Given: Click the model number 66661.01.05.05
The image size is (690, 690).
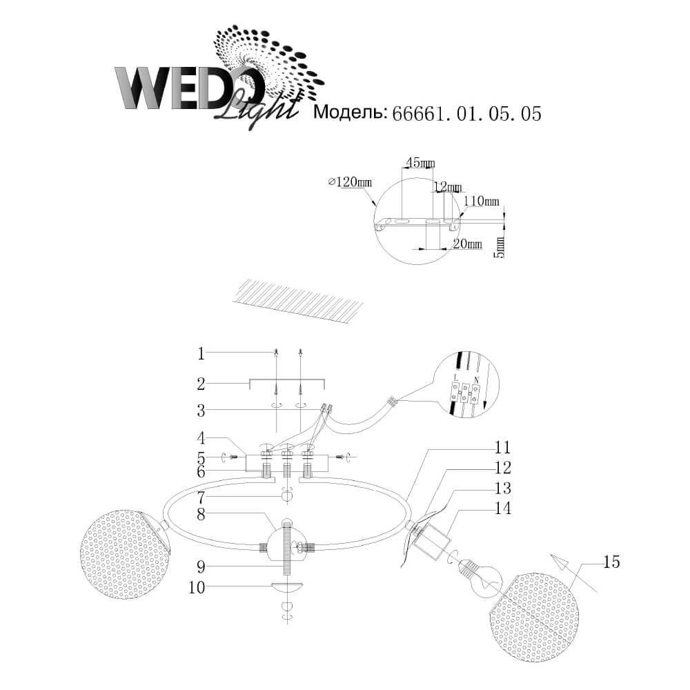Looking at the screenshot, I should click(466, 114).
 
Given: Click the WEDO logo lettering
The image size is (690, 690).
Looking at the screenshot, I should click(186, 88).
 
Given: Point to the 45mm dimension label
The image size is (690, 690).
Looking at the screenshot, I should click(420, 163).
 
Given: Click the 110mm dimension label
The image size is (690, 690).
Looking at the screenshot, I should click(482, 201).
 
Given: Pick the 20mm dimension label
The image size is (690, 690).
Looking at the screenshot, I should click(468, 244).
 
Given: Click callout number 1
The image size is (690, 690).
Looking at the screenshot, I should click(201, 354).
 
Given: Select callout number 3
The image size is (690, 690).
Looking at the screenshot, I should click(201, 411).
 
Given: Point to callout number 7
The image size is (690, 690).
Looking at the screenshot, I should click(201, 497).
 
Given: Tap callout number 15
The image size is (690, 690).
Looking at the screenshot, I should click(611, 562).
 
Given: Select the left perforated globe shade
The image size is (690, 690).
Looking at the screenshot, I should click(124, 554).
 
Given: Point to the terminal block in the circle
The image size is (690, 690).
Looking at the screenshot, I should click(464, 391).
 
